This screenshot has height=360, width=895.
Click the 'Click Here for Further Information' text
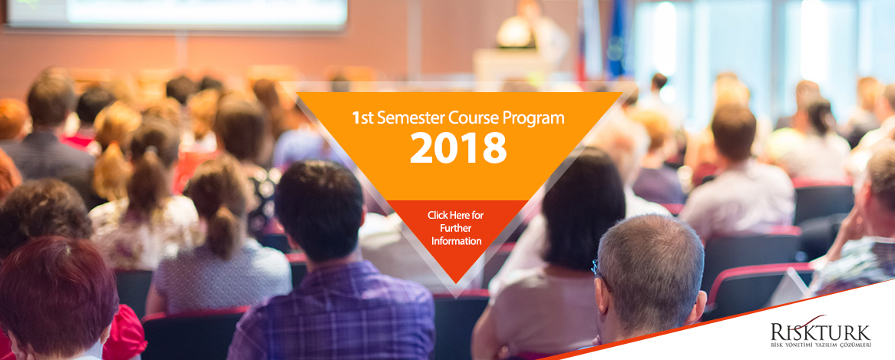pyautogui.click(x=455, y=228)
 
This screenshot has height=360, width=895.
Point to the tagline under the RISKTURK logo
pyautogui.click(x=821, y=345)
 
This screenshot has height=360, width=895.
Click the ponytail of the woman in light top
pyautogui.click(x=223, y=231)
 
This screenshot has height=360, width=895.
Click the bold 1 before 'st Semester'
pyautogui.click(x=355, y=119)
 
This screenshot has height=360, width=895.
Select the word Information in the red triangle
pyautogui.click(x=456, y=241)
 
